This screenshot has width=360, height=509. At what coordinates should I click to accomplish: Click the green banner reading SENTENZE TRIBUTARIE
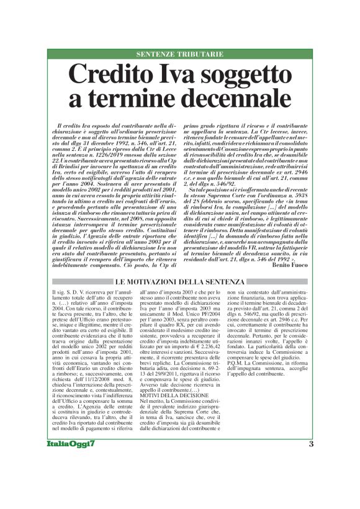tap(180, 55)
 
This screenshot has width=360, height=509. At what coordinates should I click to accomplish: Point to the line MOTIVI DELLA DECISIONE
tap(170, 395)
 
